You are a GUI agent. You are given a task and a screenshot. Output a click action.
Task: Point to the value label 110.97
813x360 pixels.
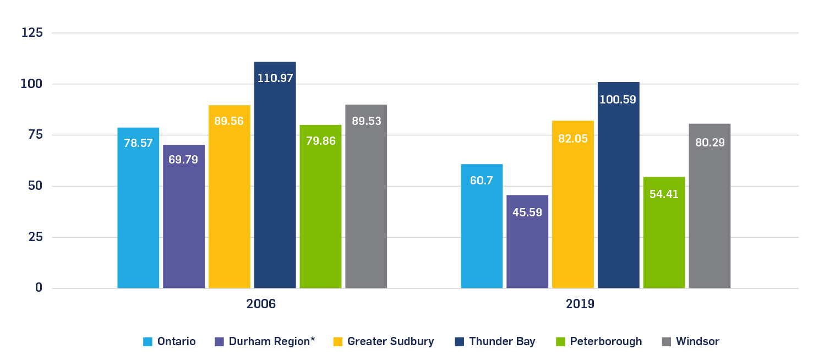point(275,78)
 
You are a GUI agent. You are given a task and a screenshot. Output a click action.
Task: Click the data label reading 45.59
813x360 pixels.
point(527,212)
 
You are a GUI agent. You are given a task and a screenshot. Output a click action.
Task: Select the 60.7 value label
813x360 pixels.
point(482,181)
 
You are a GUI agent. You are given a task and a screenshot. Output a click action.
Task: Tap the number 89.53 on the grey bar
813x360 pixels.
point(367,121)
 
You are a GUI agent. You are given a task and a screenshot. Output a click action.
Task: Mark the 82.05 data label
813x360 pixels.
point(573,139)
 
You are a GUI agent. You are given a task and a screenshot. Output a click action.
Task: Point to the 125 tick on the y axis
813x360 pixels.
point(32,33)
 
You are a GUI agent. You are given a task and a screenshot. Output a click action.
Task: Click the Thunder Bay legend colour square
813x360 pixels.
point(459,342)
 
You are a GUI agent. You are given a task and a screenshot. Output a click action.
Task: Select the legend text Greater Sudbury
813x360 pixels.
point(390,342)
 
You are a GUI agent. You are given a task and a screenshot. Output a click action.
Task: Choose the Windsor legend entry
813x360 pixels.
point(697,342)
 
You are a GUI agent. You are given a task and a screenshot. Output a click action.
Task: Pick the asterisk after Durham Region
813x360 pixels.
point(312,340)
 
